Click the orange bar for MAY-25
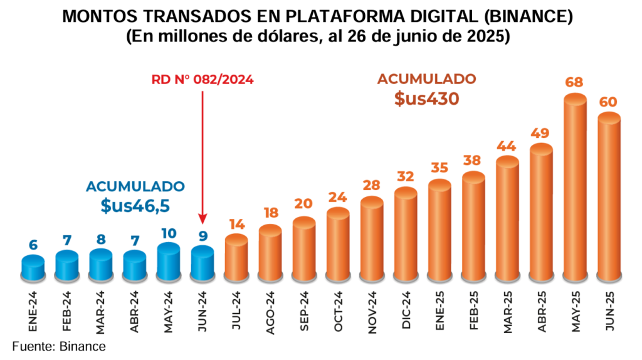575,188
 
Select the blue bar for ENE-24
33,268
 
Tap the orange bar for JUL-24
236,258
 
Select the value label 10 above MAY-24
168,233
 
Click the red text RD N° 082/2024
203,80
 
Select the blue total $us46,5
135,206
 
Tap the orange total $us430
426,98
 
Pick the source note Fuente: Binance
59,346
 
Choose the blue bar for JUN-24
202,263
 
